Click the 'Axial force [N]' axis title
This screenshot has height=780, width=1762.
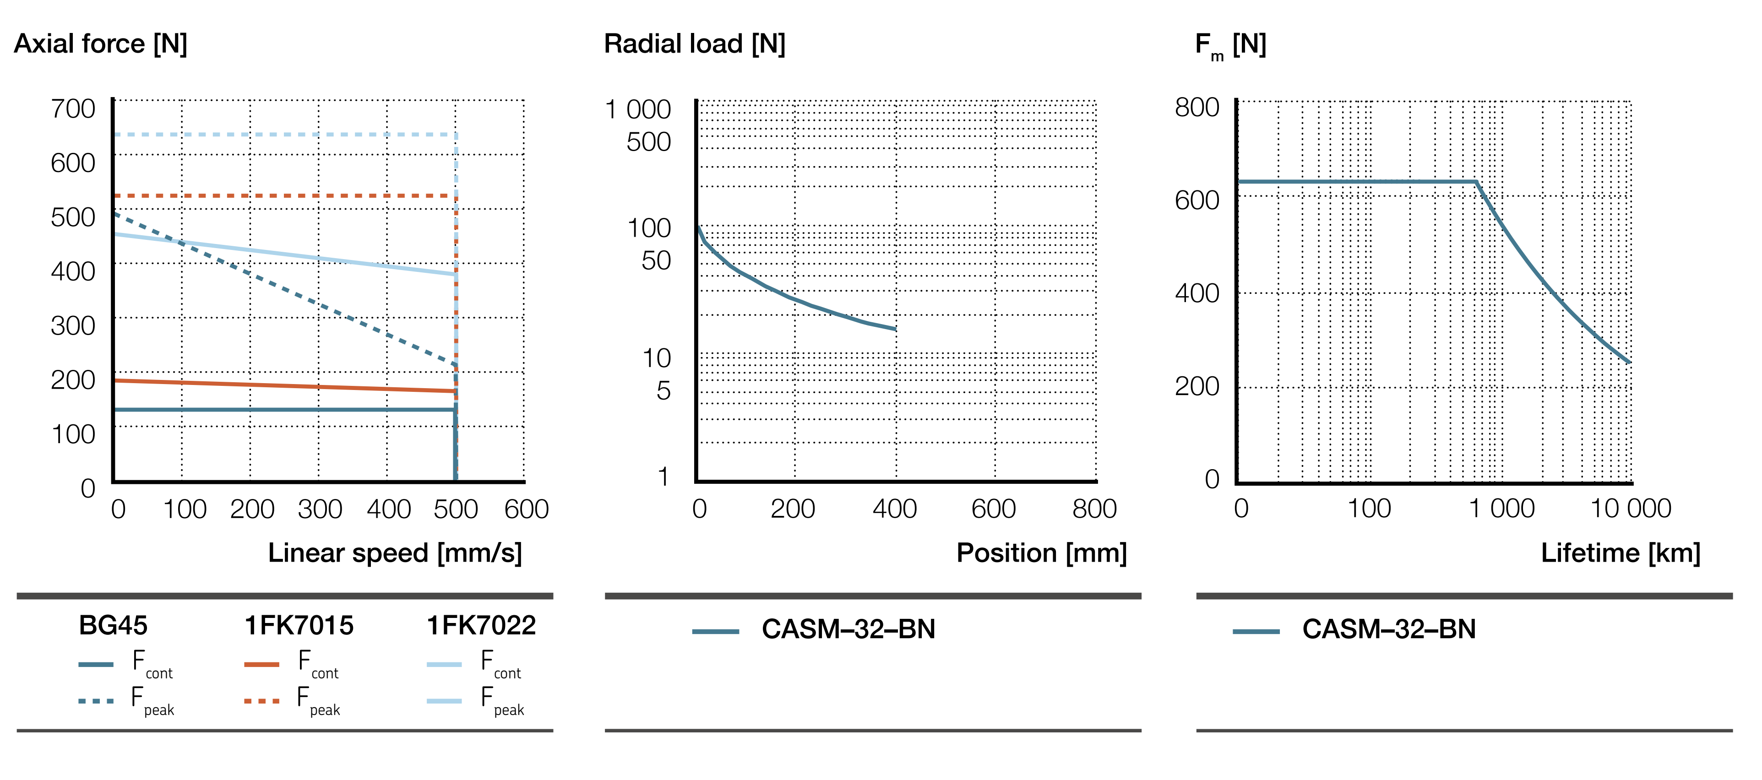coord(101,44)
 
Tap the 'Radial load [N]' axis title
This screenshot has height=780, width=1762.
coord(694,44)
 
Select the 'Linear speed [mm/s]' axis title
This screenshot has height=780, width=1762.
coord(395,552)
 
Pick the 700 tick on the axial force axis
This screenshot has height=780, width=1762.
coord(73,108)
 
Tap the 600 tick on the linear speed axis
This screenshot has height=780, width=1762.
coord(526,509)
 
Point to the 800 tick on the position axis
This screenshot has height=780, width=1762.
coord(1094,509)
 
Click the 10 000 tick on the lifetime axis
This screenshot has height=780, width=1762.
coord(1631,509)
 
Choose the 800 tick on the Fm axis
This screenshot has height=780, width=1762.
coord(1197,107)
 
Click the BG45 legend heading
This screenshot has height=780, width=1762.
coord(113,625)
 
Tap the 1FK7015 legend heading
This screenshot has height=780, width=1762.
coord(299,625)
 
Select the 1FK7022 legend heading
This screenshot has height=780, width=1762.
coord(481,625)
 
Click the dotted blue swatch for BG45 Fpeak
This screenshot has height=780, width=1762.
coord(96,701)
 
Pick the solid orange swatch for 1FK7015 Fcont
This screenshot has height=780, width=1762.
coord(261,664)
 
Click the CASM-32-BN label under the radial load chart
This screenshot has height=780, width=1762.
coord(848,629)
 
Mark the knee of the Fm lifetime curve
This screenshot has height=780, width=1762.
coord(1475,182)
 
